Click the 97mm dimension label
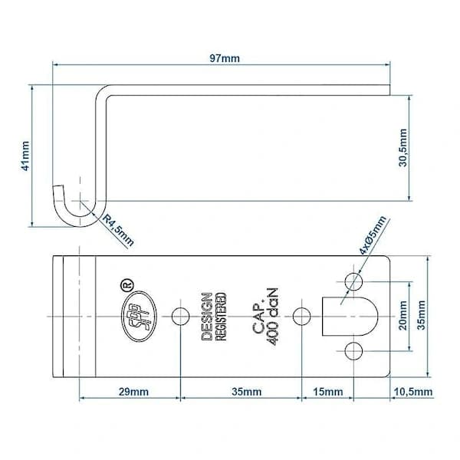click(x=225, y=58)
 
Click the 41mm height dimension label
click(x=25, y=156)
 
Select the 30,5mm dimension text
click(x=402, y=148)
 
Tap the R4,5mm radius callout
click(x=118, y=230)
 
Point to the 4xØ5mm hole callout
click(x=373, y=235)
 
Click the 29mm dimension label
click(x=133, y=392)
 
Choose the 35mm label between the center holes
click(x=246, y=392)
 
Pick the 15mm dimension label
click(x=327, y=392)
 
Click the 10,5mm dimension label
click(x=413, y=392)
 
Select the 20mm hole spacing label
click(x=402, y=316)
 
